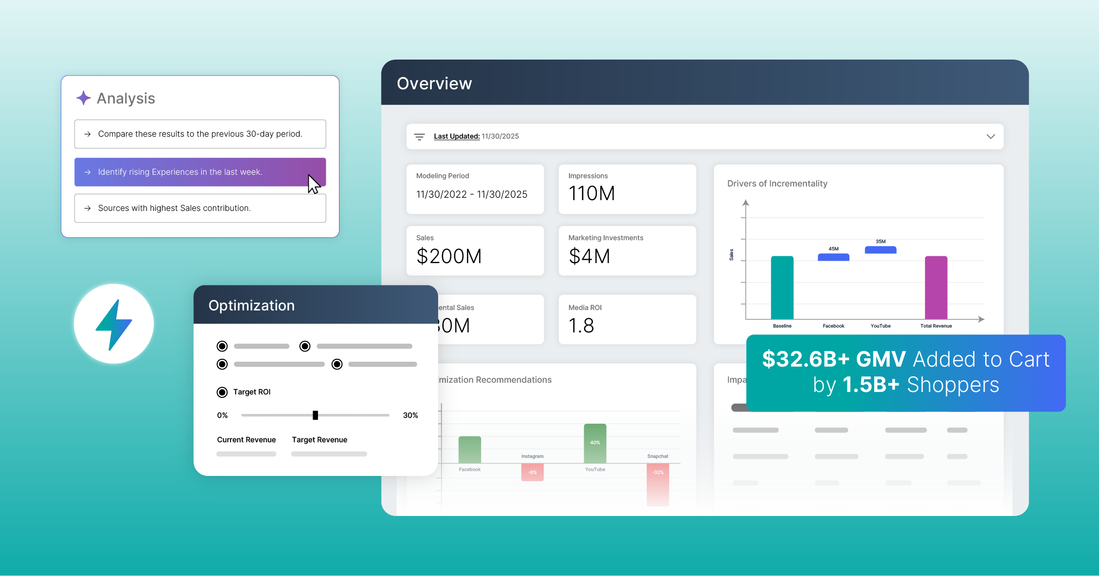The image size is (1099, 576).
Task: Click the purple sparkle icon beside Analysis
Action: [84, 98]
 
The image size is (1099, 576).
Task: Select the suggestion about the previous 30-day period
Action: [200, 134]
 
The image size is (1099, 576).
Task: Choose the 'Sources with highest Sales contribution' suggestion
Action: [200, 208]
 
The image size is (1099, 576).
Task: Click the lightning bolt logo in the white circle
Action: [114, 324]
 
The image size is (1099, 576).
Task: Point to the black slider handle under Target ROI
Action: [315, 415]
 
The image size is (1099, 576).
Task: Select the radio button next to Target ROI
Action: [222, 392]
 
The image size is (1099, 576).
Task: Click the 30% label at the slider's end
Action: [410, 415]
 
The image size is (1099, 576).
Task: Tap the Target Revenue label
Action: [319, 440]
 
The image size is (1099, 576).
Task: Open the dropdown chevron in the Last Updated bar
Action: [990, 136]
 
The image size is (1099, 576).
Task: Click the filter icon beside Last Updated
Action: [419, 137]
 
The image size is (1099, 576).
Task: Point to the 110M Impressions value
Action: [592, 193]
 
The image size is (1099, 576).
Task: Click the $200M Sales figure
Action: [449, 256]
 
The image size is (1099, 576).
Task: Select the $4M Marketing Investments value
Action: [590, 256]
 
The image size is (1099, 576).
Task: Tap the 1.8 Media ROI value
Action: [581, 326]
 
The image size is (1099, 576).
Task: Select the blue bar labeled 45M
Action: [833, 257]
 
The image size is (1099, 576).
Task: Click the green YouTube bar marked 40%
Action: [595, 443]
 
